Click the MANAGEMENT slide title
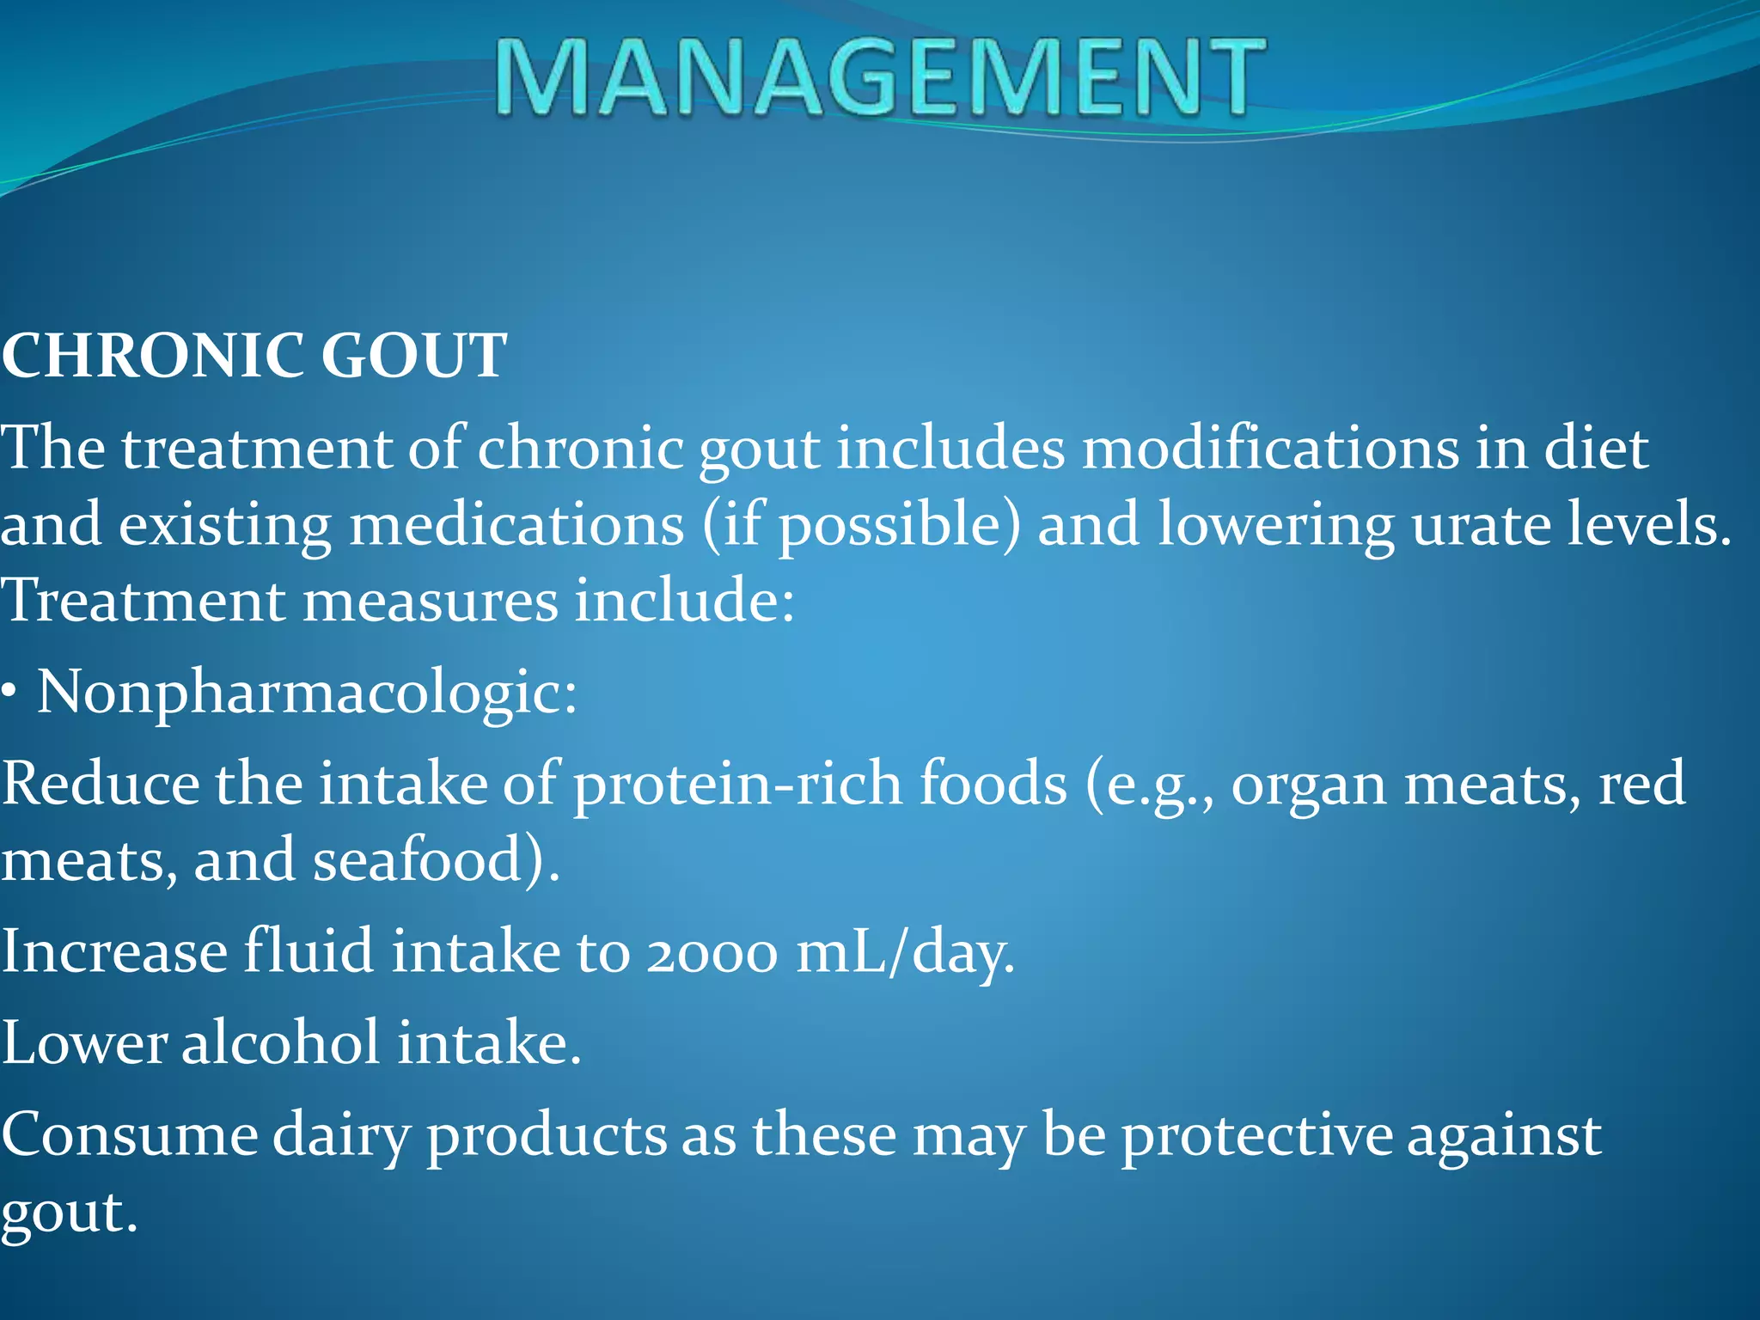(x=880, y=77)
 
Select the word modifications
(x=1268, y=448)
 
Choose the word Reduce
(x=100, y=784)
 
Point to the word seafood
(x=418, y=860)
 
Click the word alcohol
(x=280, y=1042)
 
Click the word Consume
(x=129, y=1135)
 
